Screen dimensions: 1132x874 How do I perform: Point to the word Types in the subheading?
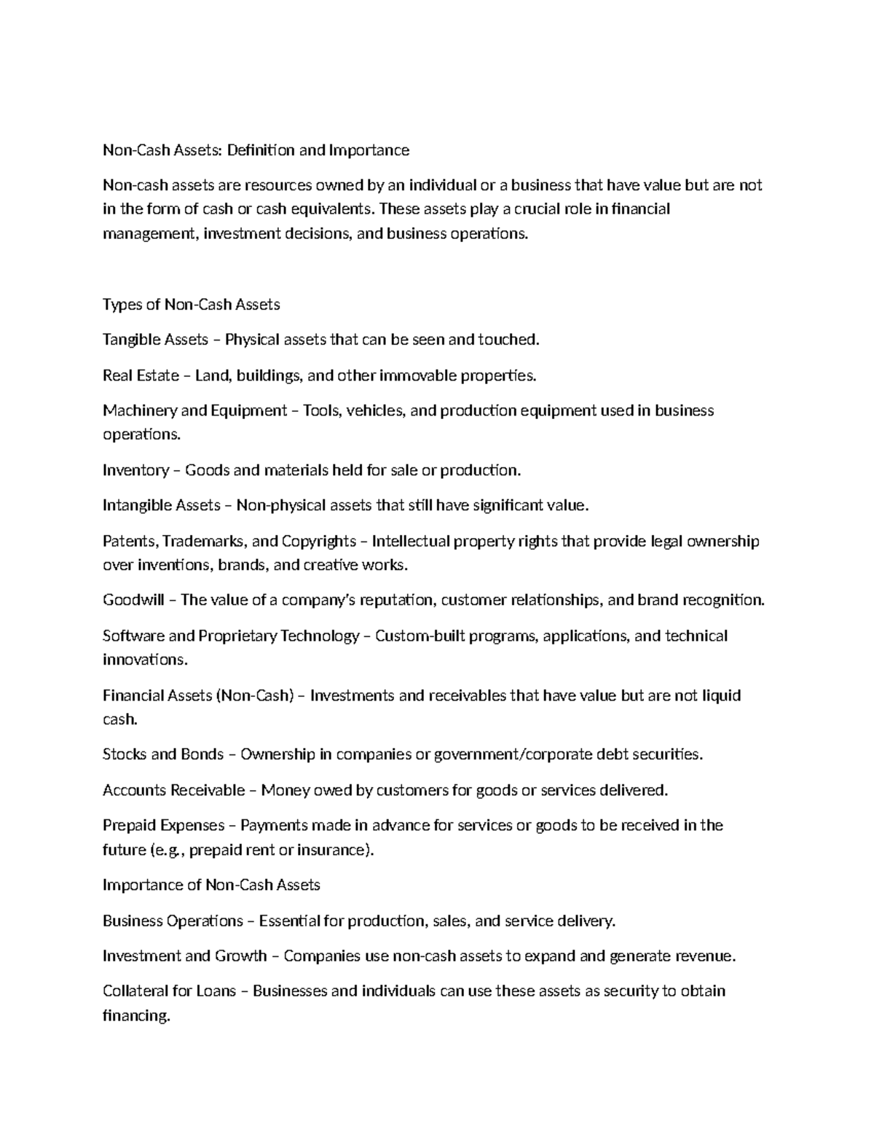click(122, 304)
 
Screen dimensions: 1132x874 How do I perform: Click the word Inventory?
click(135, 470)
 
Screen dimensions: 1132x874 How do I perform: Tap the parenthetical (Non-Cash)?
click(254, 695)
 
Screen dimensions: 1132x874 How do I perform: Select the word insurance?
click(336, 850)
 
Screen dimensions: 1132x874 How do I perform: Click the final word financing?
click(136, 1015)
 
